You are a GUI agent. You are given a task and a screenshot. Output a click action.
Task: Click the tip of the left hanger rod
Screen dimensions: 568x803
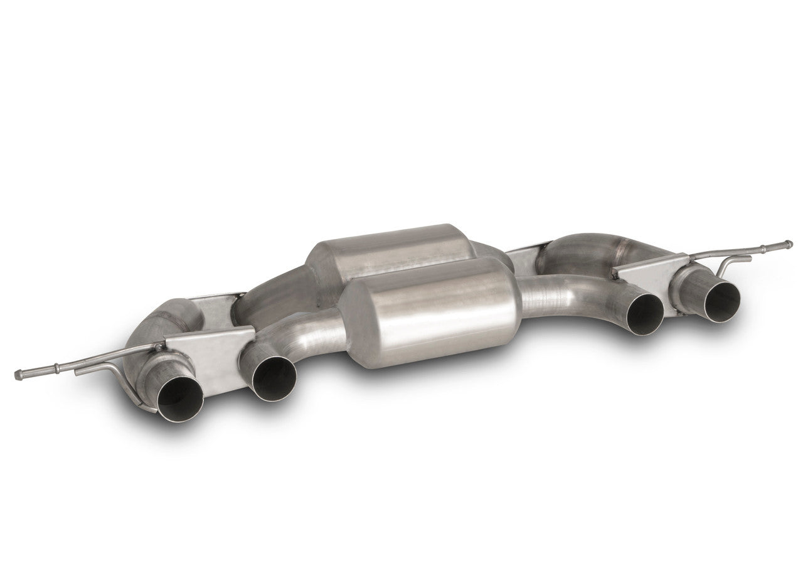tap(18, 375)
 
